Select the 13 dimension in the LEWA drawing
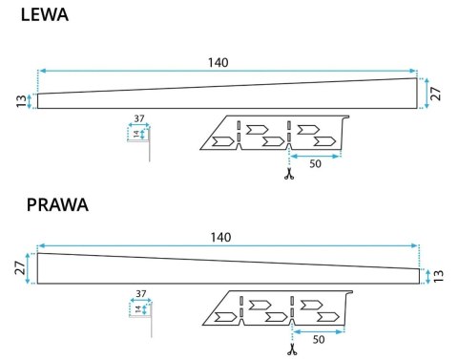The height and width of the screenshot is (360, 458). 21,101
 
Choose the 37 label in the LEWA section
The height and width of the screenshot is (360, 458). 138,119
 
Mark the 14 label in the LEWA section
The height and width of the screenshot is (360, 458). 135,134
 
